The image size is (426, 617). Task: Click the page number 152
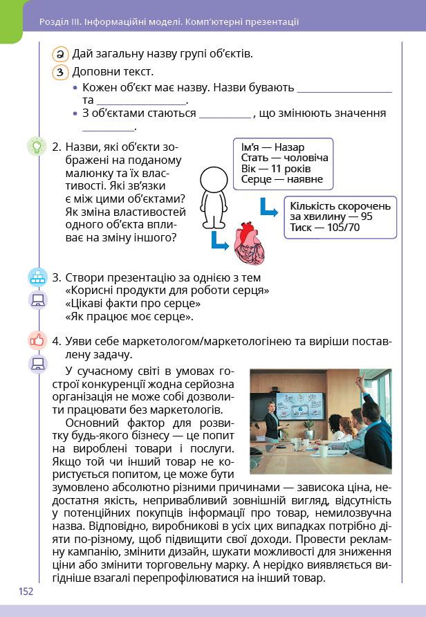(26, 591)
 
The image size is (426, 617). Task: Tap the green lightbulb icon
(35, 147)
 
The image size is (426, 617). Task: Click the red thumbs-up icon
(37, 340)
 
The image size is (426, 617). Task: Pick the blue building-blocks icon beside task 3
(37, 277)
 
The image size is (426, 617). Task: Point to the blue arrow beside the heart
(219, 239)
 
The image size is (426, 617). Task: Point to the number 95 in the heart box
(367, 217)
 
